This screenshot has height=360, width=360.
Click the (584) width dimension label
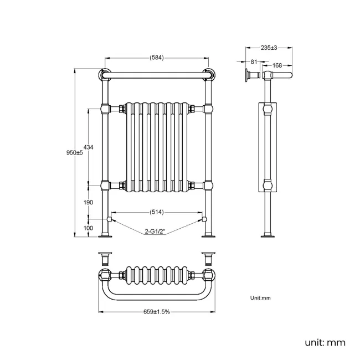(x=156, y=58)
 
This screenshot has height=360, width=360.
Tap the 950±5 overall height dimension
(x=74, y=153)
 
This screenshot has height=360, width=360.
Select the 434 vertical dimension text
(x=88, y=147)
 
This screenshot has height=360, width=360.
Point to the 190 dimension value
(x=88, y=203)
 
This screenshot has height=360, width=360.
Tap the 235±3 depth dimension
(x=269, y=48)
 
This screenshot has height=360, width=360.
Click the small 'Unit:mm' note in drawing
(x=260, y=298)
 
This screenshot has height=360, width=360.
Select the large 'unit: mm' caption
(x=325, y=342)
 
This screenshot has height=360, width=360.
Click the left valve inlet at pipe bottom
(x=110, y=220)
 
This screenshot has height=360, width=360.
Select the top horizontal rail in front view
(x=156, y=74)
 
